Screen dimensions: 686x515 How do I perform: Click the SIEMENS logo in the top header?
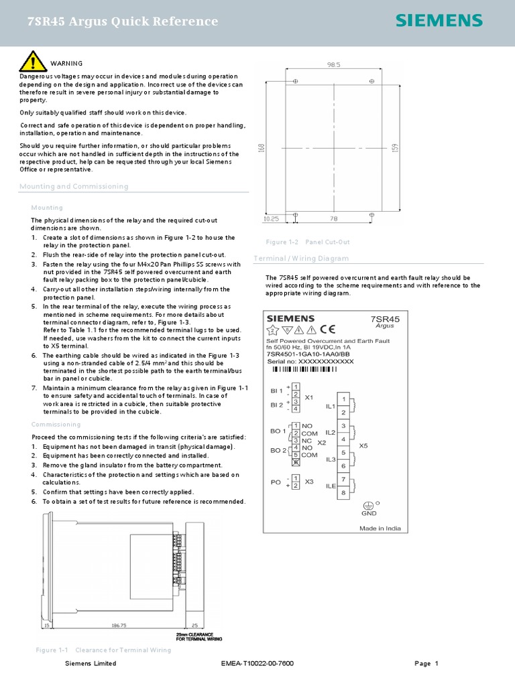coord(439,21)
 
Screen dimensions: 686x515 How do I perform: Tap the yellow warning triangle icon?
coord(32,62)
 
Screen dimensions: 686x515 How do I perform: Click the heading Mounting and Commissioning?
coord(74,186)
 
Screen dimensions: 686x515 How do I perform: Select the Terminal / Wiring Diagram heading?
coord(301,259)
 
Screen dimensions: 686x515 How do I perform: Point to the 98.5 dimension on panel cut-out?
coord(333,65)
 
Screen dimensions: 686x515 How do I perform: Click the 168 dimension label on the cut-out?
coord(260,146)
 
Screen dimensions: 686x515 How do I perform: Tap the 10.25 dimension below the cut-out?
coord(272,218)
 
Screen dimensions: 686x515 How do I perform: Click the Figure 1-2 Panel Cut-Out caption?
coord(308,242)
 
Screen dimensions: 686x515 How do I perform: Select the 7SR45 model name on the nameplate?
coord(385,319)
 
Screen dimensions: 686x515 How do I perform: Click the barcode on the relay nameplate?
coord(304,369)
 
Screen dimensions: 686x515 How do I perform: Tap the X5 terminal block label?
coord(363,445)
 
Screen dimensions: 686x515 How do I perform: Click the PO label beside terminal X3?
coord(275,482)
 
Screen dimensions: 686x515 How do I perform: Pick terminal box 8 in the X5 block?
coord(344,493)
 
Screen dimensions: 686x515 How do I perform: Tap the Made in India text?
coord(380,528)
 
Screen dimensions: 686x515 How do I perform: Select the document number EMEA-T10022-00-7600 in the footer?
coord(257,663)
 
